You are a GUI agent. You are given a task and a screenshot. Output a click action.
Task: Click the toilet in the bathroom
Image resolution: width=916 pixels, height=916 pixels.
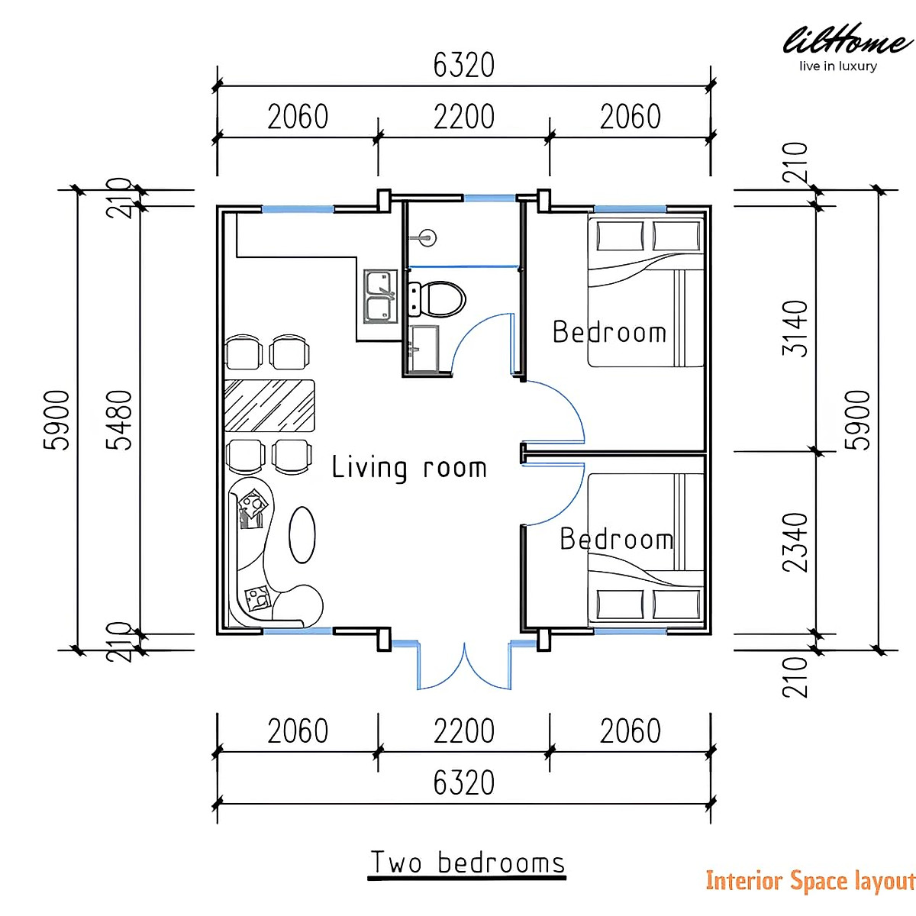click(x=437, y=298)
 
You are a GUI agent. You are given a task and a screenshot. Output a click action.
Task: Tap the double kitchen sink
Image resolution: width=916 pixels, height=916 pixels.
click(x=380, y=296)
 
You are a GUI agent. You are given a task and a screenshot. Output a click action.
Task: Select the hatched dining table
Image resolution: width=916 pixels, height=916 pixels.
click(x=269, y=405)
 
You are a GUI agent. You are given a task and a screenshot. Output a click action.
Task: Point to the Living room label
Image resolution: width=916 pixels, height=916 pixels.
click(x=409, y=468)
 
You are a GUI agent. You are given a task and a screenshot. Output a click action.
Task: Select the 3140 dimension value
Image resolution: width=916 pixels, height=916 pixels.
click(x=795, y=328)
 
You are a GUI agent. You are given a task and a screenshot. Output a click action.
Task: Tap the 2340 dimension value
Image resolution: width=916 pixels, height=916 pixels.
click(x=795, y=543)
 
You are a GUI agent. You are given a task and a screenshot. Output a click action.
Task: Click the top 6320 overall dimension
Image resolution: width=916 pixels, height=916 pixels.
click(x=464, y=65)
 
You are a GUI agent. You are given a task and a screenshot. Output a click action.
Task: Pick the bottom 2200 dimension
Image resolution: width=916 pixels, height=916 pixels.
click(x=464, y=731)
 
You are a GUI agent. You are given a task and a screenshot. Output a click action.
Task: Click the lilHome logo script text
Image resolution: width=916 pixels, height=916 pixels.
click(x=848, y=40)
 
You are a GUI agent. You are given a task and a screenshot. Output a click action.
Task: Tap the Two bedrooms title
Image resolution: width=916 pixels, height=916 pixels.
click(x=468, y=863)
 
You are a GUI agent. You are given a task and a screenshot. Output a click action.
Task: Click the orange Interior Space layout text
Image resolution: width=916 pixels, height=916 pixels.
click(x=810, y=881)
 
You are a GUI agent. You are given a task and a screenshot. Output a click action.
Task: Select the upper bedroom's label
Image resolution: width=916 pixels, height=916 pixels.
click(x=609, y=332)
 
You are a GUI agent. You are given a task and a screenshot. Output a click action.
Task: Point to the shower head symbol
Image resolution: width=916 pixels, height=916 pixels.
click(x=427, y=236)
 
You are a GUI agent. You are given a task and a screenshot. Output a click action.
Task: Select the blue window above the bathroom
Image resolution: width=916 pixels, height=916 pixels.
click(x=489, y=197)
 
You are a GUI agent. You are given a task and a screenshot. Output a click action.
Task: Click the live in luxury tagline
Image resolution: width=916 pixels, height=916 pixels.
click(x=838, y=66)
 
